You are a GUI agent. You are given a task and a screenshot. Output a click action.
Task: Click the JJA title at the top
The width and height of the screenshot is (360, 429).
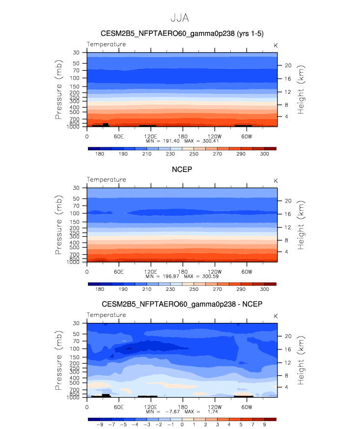click(180, 18)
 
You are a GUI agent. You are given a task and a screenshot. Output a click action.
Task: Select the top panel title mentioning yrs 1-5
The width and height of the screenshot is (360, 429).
click(182, 34)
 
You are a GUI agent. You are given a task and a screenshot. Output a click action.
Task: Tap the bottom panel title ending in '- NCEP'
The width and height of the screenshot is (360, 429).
click(182, 305)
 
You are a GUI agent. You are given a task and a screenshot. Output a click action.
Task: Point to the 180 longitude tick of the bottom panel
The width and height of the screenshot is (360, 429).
click(182, 406)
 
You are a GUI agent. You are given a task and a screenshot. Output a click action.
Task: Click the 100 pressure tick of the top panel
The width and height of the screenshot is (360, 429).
click(77, 78)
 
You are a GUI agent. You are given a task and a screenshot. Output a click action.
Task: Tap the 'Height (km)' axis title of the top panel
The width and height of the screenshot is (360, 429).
click(301, 89)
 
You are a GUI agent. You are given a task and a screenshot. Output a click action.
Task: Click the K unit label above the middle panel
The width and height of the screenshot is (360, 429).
click(276, 180)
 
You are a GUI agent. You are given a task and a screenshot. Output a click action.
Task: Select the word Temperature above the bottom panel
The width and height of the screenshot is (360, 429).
click(106, 315)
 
